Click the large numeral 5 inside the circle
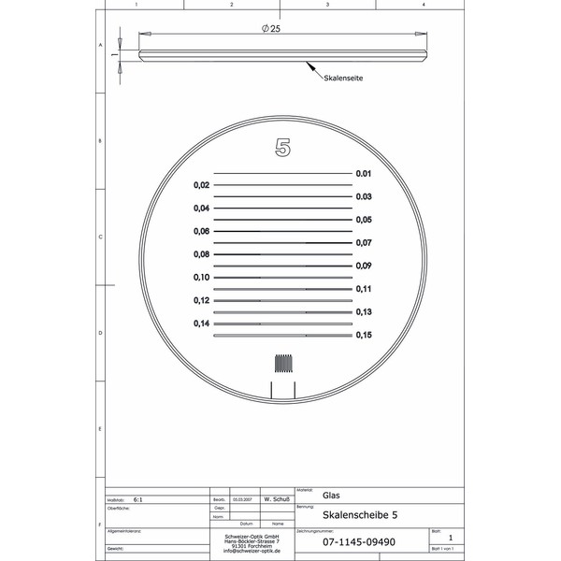point(282,147)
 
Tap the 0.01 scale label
point(364,174)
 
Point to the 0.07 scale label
point(364,243)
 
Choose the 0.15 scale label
point(364,335)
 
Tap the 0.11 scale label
point(364,289)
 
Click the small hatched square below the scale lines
point(282,364)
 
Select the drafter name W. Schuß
point(274,500)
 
